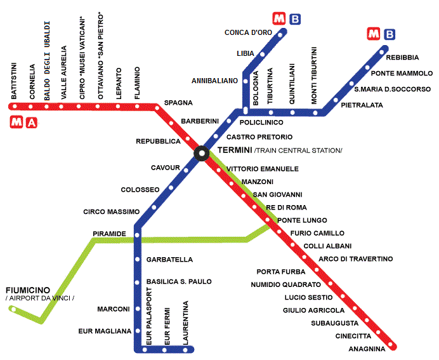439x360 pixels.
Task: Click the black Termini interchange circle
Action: click(x=202, y=153)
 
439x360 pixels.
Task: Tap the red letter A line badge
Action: click(x=32, y=123)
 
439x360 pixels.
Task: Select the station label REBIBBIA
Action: click(x=402, y=58)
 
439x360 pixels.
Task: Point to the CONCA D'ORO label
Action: click(x=248, y=32)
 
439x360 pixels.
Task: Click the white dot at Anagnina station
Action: click(x=391, y=344)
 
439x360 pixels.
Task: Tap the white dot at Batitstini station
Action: click(x=15, y=106)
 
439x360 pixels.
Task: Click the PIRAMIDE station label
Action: click(x=110, y=234)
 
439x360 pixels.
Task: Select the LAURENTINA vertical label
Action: click(x=185, y=323)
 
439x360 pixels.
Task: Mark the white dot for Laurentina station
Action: click(x=185, y=350)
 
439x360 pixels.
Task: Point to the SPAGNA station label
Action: click(x=178, y=103)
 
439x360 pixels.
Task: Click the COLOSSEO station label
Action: click(x=140, y=190)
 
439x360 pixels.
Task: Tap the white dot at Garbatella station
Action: click(x=137, y=260)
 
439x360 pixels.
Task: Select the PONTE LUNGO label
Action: click(x=302, y=220)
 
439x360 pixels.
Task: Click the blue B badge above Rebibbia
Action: click(x=390, y=34)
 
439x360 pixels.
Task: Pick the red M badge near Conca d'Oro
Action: click(x=279, y=18)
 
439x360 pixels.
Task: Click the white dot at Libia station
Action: click(x=263, y=54)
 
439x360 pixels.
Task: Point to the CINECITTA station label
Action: click(x=353, y=336)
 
